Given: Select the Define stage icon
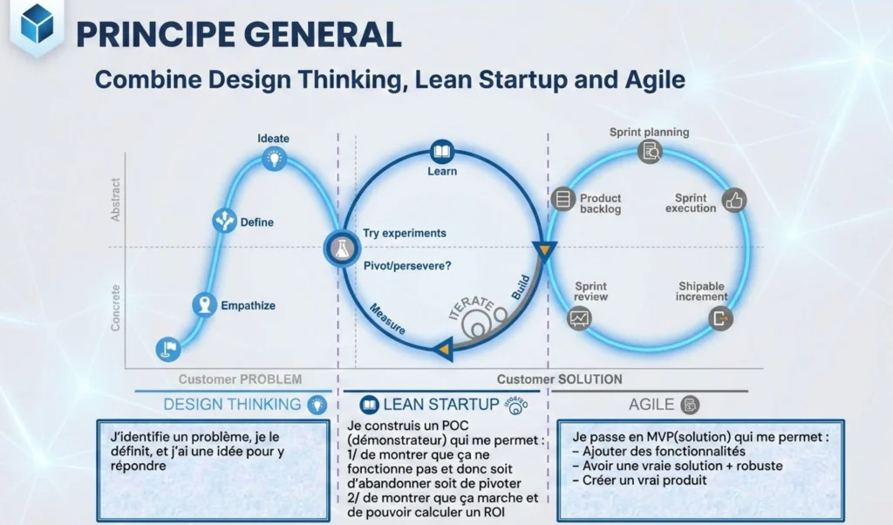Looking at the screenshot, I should [225, 221].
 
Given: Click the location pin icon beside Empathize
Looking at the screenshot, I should [205, 304].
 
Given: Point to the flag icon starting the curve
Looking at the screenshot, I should [168, 349].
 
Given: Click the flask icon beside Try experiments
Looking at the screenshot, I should [340, 249].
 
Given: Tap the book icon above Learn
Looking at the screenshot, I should [443, 153].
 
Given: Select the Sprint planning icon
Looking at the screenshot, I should [650, 152].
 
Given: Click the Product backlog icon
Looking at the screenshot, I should [562, 199].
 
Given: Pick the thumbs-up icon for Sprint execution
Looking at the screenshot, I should [734, 201].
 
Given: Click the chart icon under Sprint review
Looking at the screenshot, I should [579, 318].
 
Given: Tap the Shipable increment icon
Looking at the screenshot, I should [720, 317].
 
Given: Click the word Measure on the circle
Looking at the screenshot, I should [386, 318].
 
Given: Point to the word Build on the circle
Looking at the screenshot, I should [521, 289].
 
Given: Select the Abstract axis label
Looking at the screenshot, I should [116, 200].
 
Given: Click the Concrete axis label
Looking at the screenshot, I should [116, 307].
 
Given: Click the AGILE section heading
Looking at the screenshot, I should [651, 405].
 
